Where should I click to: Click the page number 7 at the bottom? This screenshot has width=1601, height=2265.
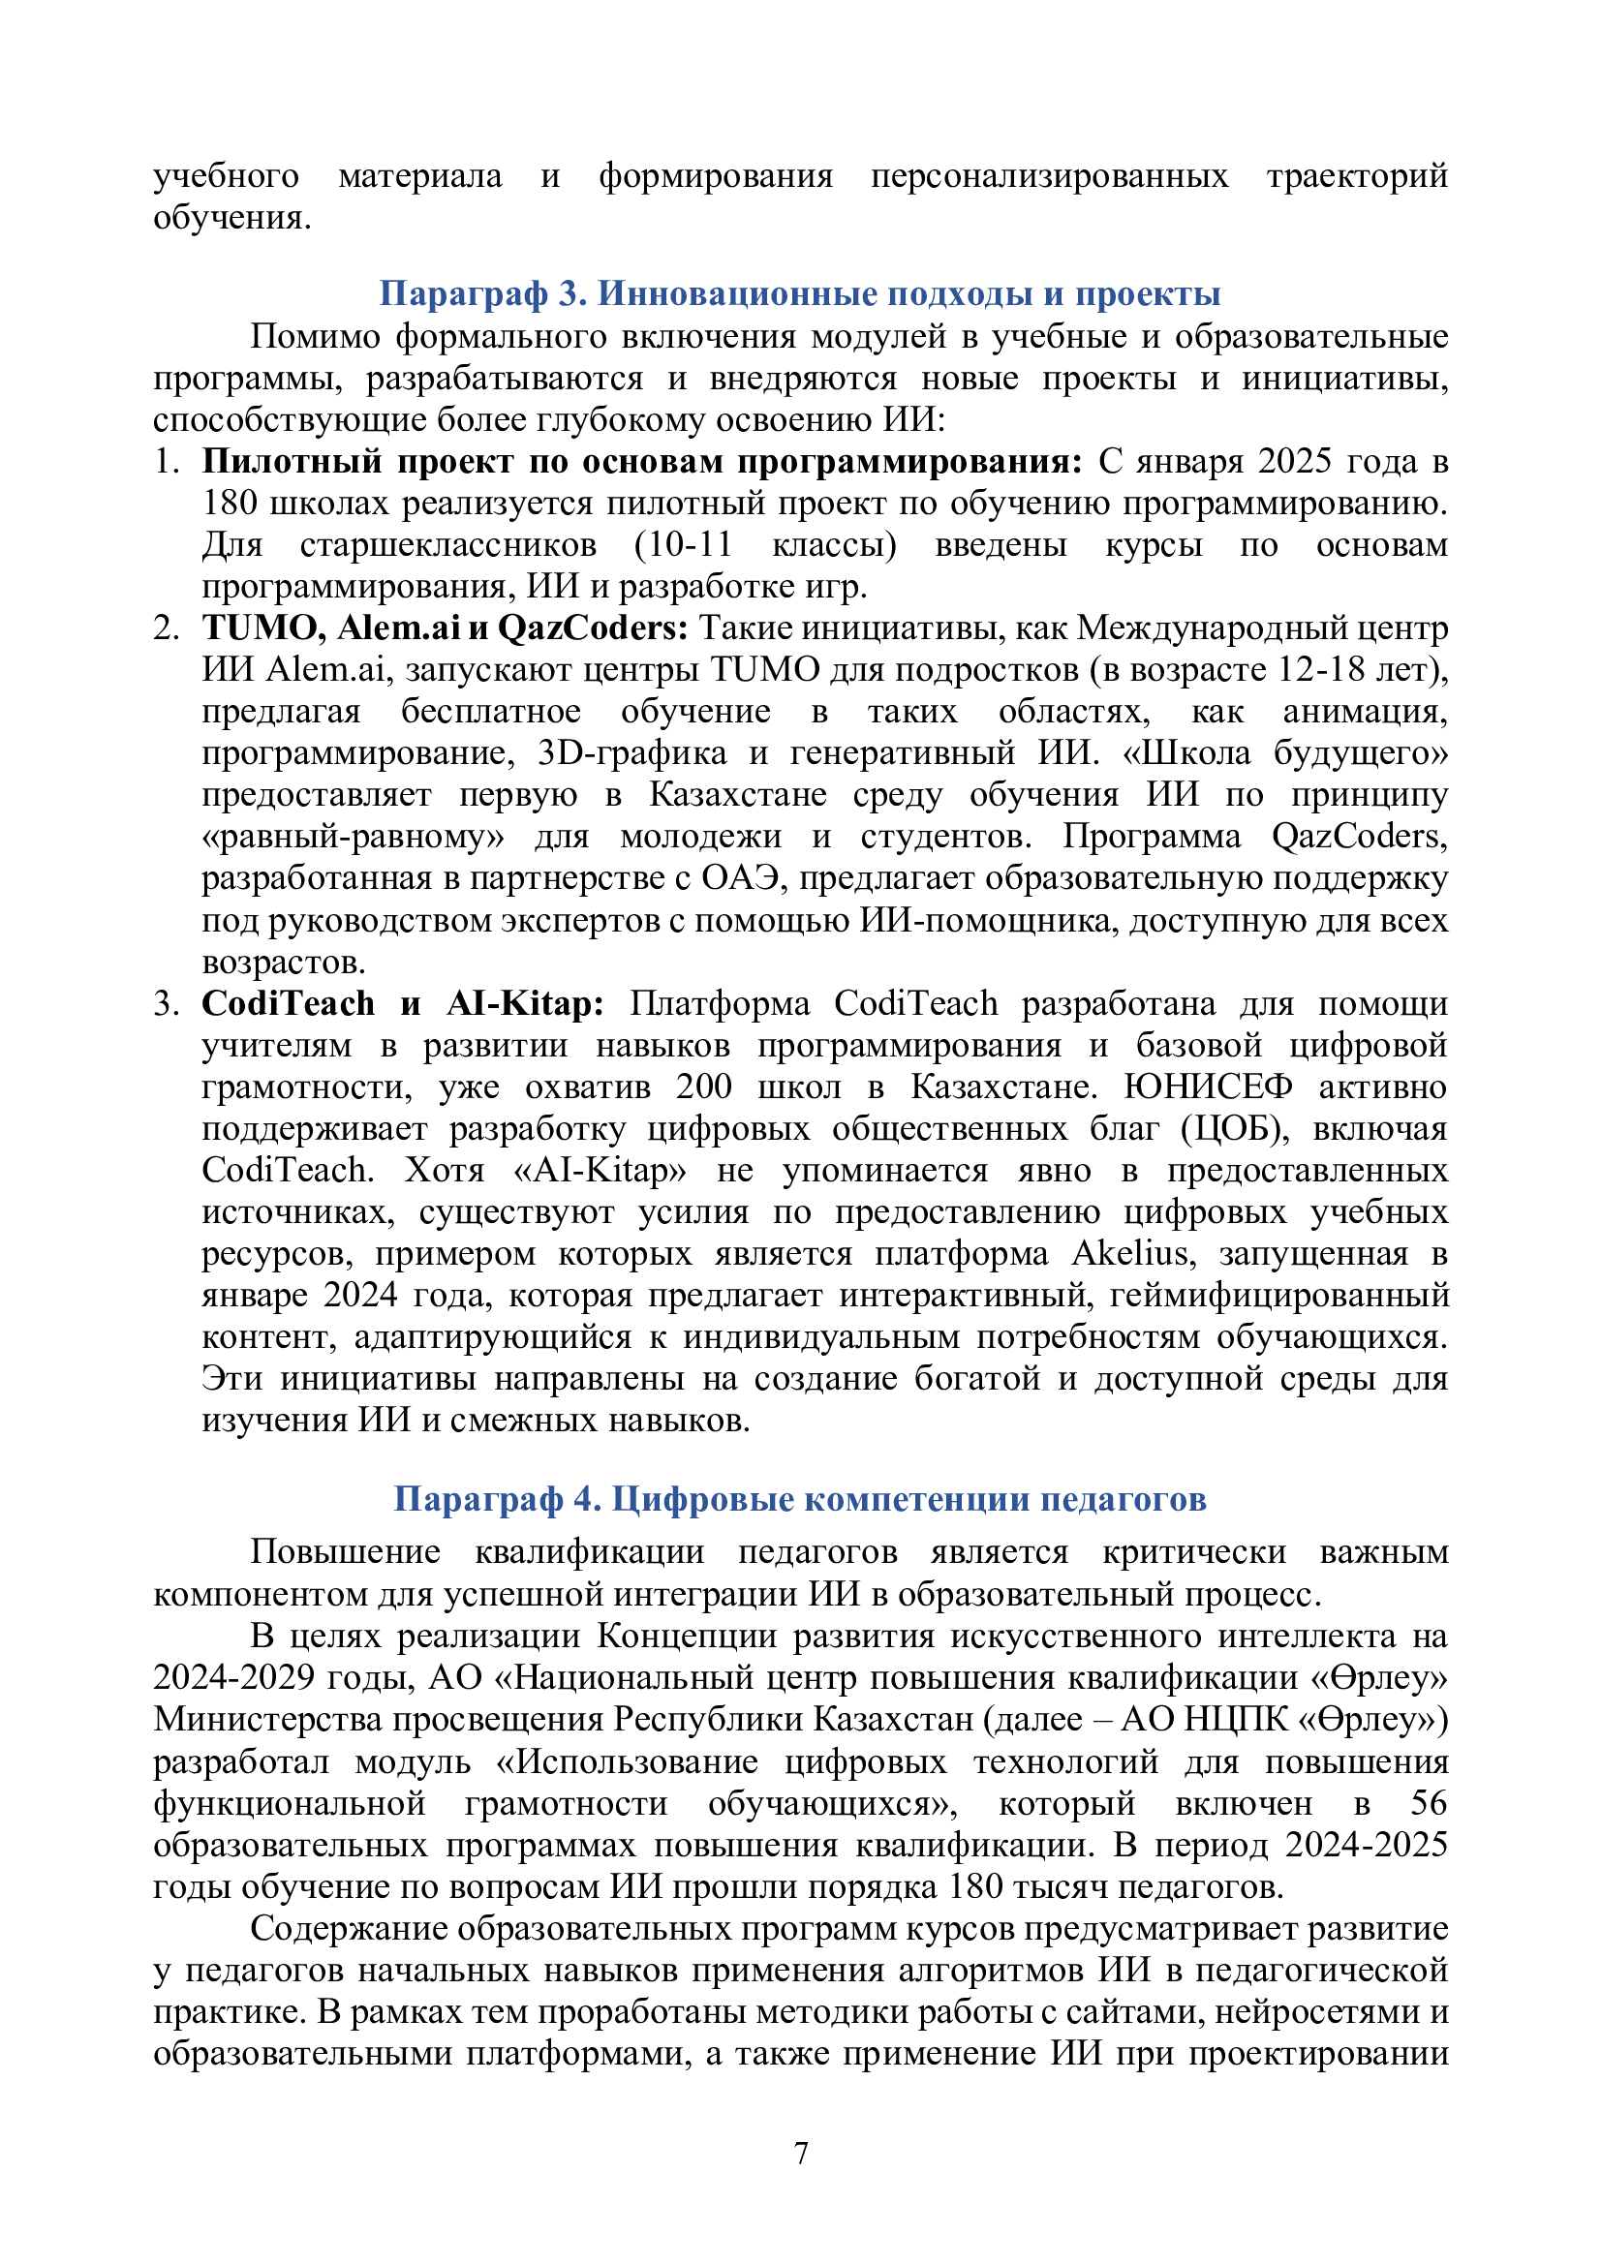(x=801, y=2153)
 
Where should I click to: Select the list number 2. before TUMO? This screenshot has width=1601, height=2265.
(x=166, y=628)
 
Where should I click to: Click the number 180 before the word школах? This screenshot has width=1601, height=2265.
(x=230, y=504)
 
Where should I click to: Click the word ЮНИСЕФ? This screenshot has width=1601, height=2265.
(x=1208, y=1087)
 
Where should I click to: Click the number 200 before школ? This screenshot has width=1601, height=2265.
(x=703, y=1087)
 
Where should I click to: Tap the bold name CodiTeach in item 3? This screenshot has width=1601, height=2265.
(x=288, y=1004)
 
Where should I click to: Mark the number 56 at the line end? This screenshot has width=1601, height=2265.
(x=1428, y=1803)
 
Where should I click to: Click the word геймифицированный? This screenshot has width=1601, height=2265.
(x=1279, y=1296)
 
